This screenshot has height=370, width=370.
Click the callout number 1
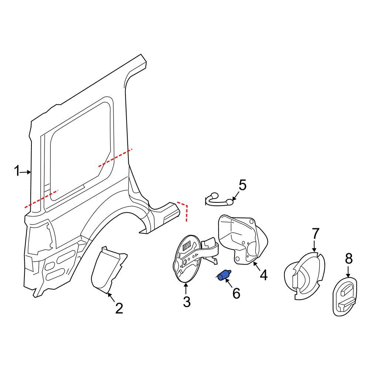(x=17, y=171)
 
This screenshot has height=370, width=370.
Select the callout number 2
(x=119, y=308)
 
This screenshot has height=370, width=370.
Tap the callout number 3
(x=186, y=301)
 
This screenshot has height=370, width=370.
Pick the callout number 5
(x=242, y=185)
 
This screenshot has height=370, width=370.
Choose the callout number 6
(x=236, y=293)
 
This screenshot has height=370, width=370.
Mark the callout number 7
(x=315, y=234)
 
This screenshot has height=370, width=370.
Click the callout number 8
(x=349, y=259)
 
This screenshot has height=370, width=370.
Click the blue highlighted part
(x=224, y=276)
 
